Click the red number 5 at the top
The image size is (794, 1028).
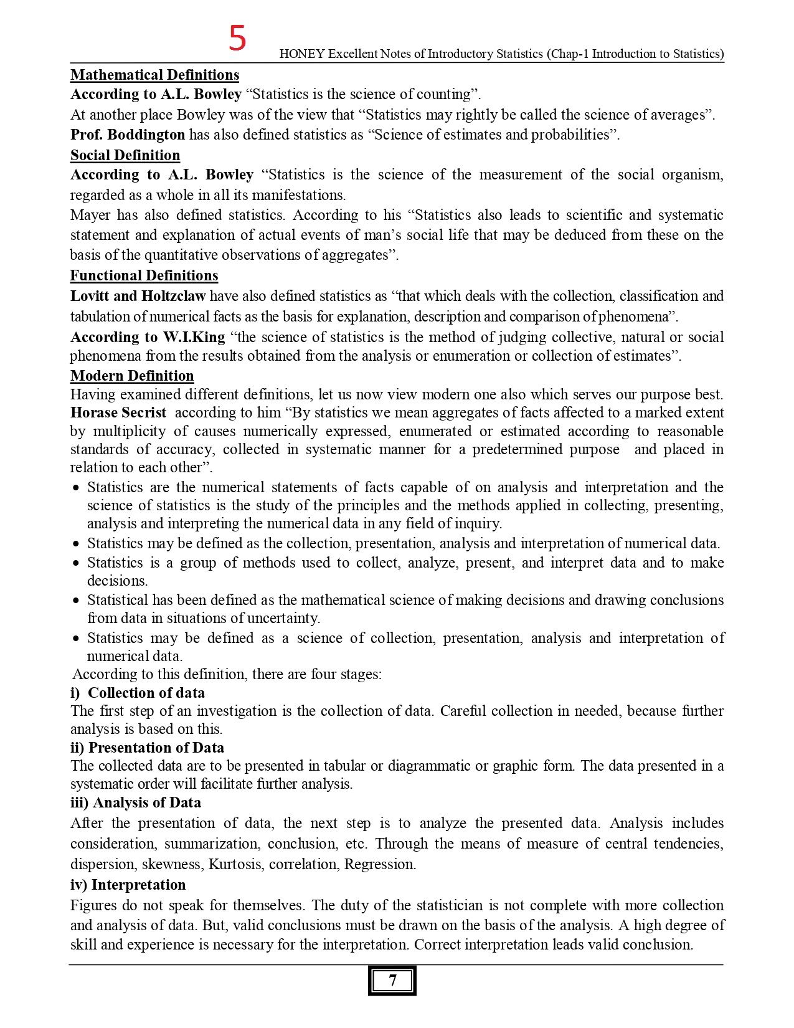pos(237,38)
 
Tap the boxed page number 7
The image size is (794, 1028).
pos(392,980)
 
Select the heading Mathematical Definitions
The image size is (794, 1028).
pos(154,75)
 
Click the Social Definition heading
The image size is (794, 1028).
pos(125,155)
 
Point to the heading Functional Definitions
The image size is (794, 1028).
pos(144,275)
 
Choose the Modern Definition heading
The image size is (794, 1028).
pos(132,376)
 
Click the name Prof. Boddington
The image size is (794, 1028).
pos(128,135)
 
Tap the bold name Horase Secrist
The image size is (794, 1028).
pos(118,412)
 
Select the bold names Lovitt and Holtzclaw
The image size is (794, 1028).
pos(138,296)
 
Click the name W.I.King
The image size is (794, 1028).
pos(194,337)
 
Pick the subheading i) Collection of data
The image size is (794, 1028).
pos(138,693)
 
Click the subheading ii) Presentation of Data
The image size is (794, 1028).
pos(147,748)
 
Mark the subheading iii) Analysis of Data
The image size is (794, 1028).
pos(136,802)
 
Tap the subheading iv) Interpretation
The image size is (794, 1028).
pos(128,885)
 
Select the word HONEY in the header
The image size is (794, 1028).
pos(302,54)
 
